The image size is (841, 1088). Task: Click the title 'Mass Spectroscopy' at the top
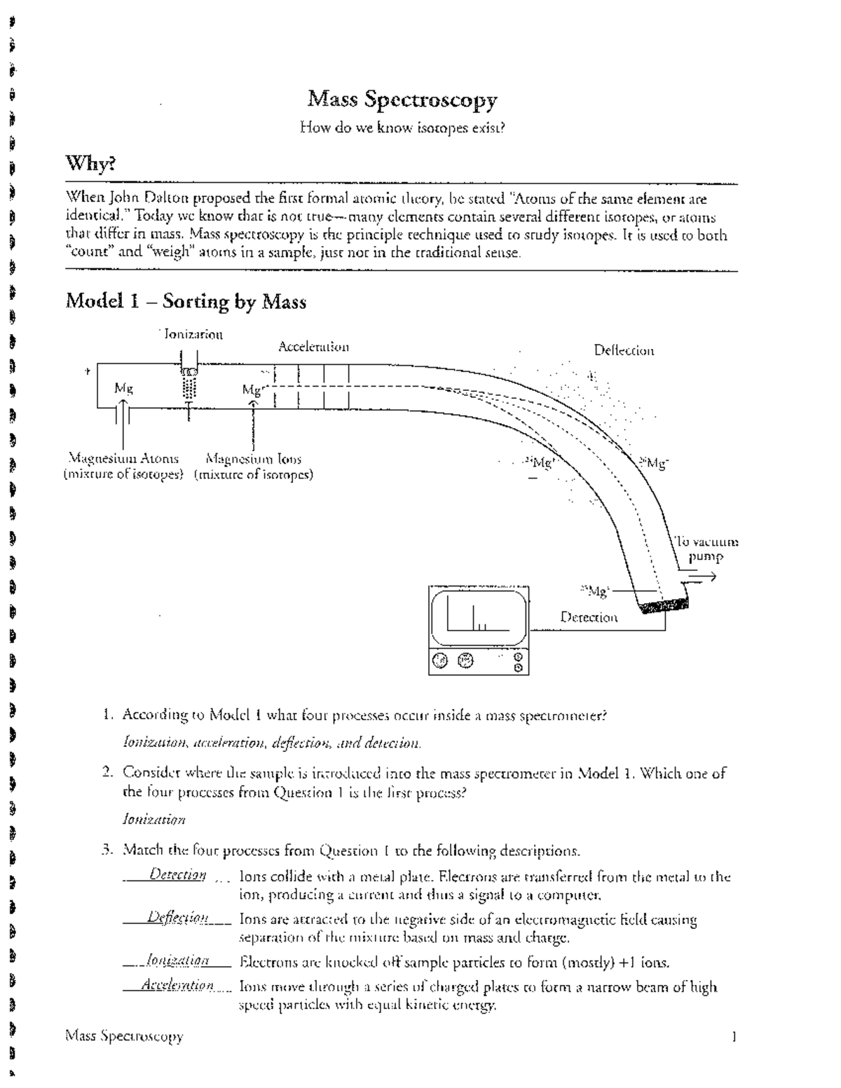pos(402,100)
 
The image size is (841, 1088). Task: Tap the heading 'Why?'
pos(90,164)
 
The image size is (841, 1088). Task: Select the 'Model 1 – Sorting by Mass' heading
pos(186,302)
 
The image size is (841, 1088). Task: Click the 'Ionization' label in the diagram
pos(193,334)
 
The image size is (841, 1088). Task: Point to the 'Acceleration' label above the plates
pos(313,347)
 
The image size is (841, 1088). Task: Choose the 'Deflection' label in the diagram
pos(624,350)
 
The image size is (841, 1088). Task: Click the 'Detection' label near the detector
pos(589,617)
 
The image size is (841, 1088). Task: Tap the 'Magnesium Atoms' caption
pos(123,459)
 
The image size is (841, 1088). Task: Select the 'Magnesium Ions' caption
pos(254,459)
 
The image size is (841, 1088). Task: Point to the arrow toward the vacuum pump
pos(701,577)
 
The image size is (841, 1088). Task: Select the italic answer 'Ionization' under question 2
pos(154,819)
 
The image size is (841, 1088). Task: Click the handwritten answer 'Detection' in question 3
pos(177,875)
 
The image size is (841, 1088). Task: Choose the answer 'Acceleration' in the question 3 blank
pos(177,986)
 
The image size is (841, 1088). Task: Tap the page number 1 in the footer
pos(733,1036)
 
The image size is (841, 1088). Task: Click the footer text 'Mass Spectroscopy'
pos(124,1036)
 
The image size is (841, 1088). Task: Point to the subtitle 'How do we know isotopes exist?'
pos(402,128)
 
